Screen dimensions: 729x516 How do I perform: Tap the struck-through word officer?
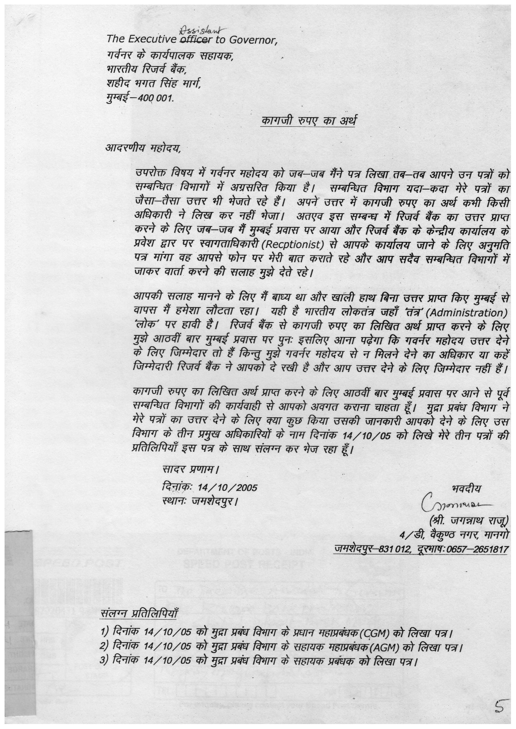pos(195,39)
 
